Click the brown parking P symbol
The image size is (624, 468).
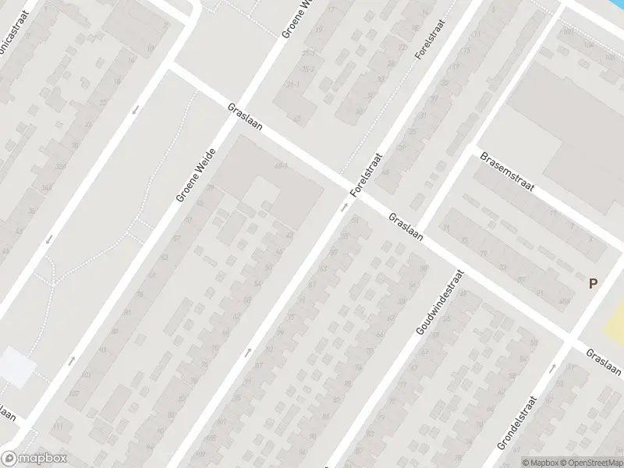594,284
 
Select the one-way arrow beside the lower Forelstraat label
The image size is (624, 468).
343,207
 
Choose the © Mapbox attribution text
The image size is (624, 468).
541,462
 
